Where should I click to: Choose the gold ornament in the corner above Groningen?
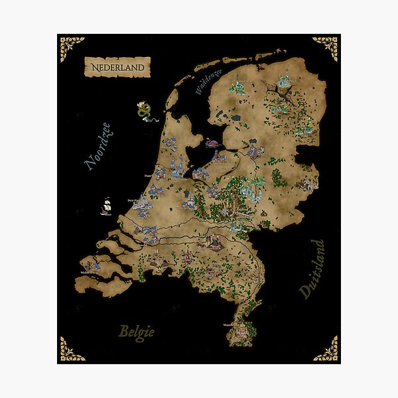(x=326, y=45)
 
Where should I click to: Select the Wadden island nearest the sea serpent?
(x=170, y=98)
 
